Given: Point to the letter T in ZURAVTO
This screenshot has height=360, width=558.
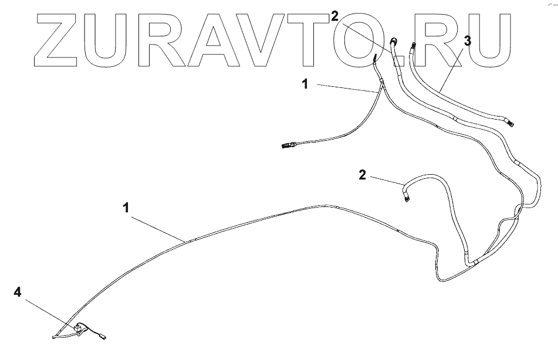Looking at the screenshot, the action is click(310, 38).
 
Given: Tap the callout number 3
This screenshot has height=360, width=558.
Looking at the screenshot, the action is click(466, 41).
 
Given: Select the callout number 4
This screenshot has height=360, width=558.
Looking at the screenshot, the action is click(18, 291).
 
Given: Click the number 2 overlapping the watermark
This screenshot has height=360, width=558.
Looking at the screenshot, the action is click(334, 16).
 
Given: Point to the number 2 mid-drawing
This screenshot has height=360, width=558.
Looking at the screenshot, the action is click(363, 175).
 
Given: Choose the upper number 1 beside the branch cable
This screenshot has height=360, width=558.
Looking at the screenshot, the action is click(305, 84).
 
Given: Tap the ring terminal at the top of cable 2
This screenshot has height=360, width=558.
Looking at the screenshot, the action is click(394, 40).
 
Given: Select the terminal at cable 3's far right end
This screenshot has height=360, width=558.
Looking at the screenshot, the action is click(511, 123).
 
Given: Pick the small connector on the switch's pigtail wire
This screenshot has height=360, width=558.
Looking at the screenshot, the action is click(103, 337).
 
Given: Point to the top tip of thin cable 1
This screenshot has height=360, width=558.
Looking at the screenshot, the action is click(374, 57).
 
